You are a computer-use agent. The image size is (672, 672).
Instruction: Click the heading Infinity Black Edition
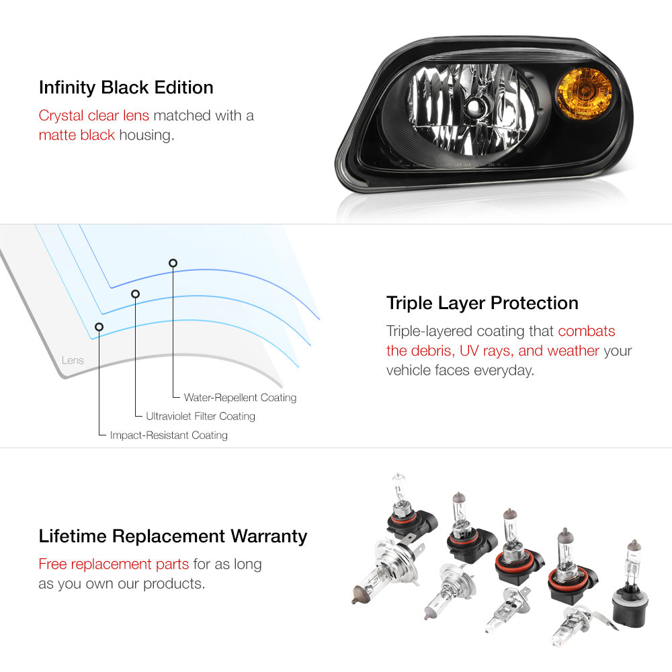pos(126,87)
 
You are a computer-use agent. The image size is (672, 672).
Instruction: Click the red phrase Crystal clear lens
pos(94,116)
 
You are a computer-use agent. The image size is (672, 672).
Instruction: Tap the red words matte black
pos(77,135)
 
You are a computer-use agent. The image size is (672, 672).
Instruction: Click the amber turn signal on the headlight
pos(584,93)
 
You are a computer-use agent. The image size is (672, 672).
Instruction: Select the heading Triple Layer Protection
pos(482,303)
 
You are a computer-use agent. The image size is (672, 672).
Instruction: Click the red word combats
pos(586,331)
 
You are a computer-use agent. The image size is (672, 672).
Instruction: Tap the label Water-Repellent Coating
pos(240,397)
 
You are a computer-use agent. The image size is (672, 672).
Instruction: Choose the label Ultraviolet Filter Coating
pos(200,416)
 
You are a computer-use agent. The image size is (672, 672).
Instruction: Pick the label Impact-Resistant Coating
pos(169,435)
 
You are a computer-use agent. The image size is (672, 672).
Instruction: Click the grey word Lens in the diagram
pos(73,360)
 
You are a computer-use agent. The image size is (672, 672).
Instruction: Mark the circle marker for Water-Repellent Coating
pos(173,263)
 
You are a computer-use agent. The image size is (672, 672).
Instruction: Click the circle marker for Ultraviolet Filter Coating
pos(136,294)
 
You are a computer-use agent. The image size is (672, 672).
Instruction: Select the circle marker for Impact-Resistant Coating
pos(99,327)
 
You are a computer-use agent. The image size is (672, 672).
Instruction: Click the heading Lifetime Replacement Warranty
pos(173,536)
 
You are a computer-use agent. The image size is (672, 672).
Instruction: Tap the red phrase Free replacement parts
pos(114,564)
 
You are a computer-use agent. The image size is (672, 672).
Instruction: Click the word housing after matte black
pos(146,136)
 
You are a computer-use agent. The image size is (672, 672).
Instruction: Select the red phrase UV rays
pos(487,351)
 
